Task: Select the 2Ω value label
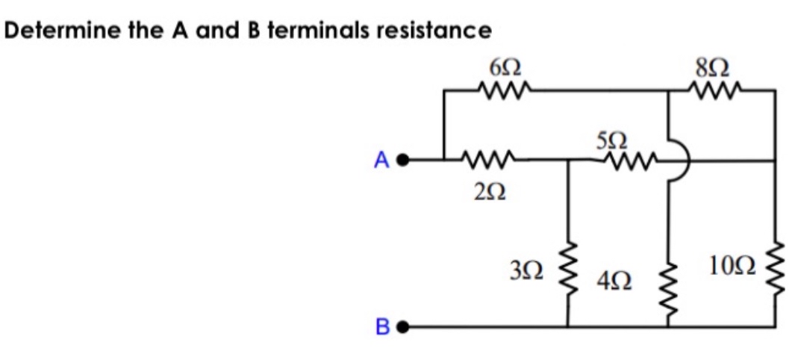485,191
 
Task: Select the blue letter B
384,348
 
